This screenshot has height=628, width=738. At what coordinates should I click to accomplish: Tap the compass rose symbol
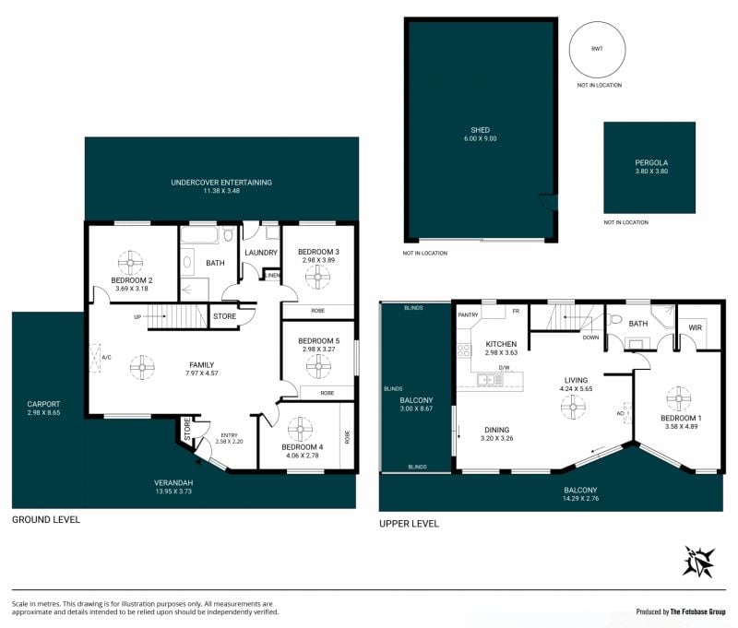coord(699,562)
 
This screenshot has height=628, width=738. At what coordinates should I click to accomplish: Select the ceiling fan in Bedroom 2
coord(130,263)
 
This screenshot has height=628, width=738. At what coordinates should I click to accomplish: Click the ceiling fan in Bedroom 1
coord(679,398)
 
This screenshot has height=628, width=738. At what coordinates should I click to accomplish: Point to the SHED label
coord(480,130)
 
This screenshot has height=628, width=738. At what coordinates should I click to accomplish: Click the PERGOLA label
coord(651,162)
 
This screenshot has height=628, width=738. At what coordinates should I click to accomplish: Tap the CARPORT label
coord(43,404)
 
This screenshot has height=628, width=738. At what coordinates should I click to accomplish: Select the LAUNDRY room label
coord(261,253)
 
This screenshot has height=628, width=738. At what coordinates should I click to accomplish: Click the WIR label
coord(696,327)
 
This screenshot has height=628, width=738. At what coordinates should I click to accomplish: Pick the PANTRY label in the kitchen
coord(468,314)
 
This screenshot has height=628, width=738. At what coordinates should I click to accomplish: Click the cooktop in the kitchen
coord(464,350)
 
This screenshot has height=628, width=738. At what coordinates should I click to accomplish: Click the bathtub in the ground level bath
coord(199,235)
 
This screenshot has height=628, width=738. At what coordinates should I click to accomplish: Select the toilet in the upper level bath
coord(615,319)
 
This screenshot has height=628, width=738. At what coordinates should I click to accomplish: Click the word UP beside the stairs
coord(137,317)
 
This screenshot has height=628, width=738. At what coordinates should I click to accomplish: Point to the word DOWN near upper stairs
coord(590,338)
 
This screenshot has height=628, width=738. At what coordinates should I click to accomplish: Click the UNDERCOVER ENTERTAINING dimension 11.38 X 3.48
coord(221,191)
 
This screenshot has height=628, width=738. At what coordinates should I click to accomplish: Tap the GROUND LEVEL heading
coord(46,520)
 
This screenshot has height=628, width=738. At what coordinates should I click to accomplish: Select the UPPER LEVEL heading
coord(409,524)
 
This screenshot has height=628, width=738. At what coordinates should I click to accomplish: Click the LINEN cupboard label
coord(272,275)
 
